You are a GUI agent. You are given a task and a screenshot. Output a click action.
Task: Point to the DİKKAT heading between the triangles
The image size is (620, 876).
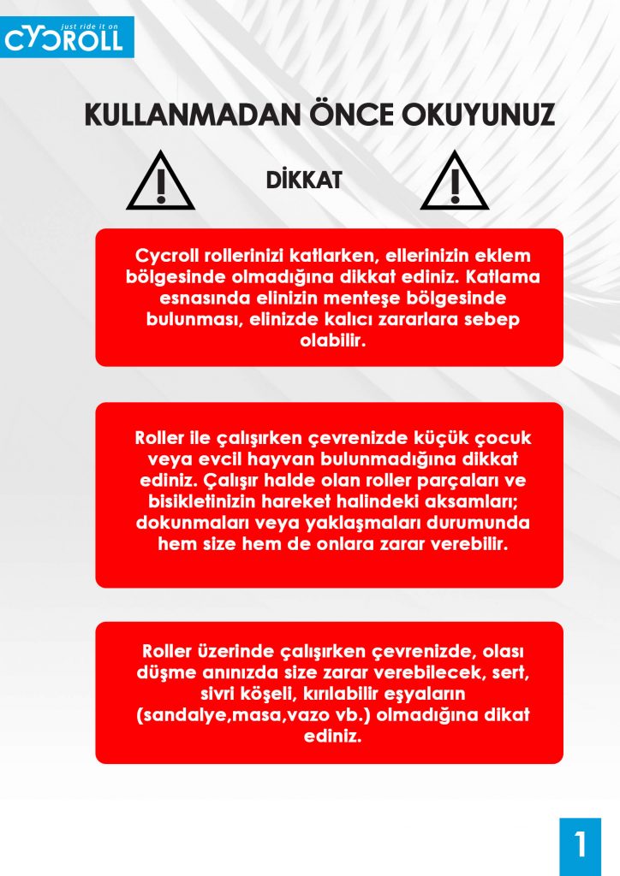(x=304, y=181)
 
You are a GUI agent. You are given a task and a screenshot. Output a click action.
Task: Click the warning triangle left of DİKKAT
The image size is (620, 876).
(x=160, y=182)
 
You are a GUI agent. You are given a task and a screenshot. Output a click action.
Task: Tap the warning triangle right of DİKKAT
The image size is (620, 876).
(x=455, y=182)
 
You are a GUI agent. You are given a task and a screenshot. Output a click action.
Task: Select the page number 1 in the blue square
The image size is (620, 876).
(x=581, y=845)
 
